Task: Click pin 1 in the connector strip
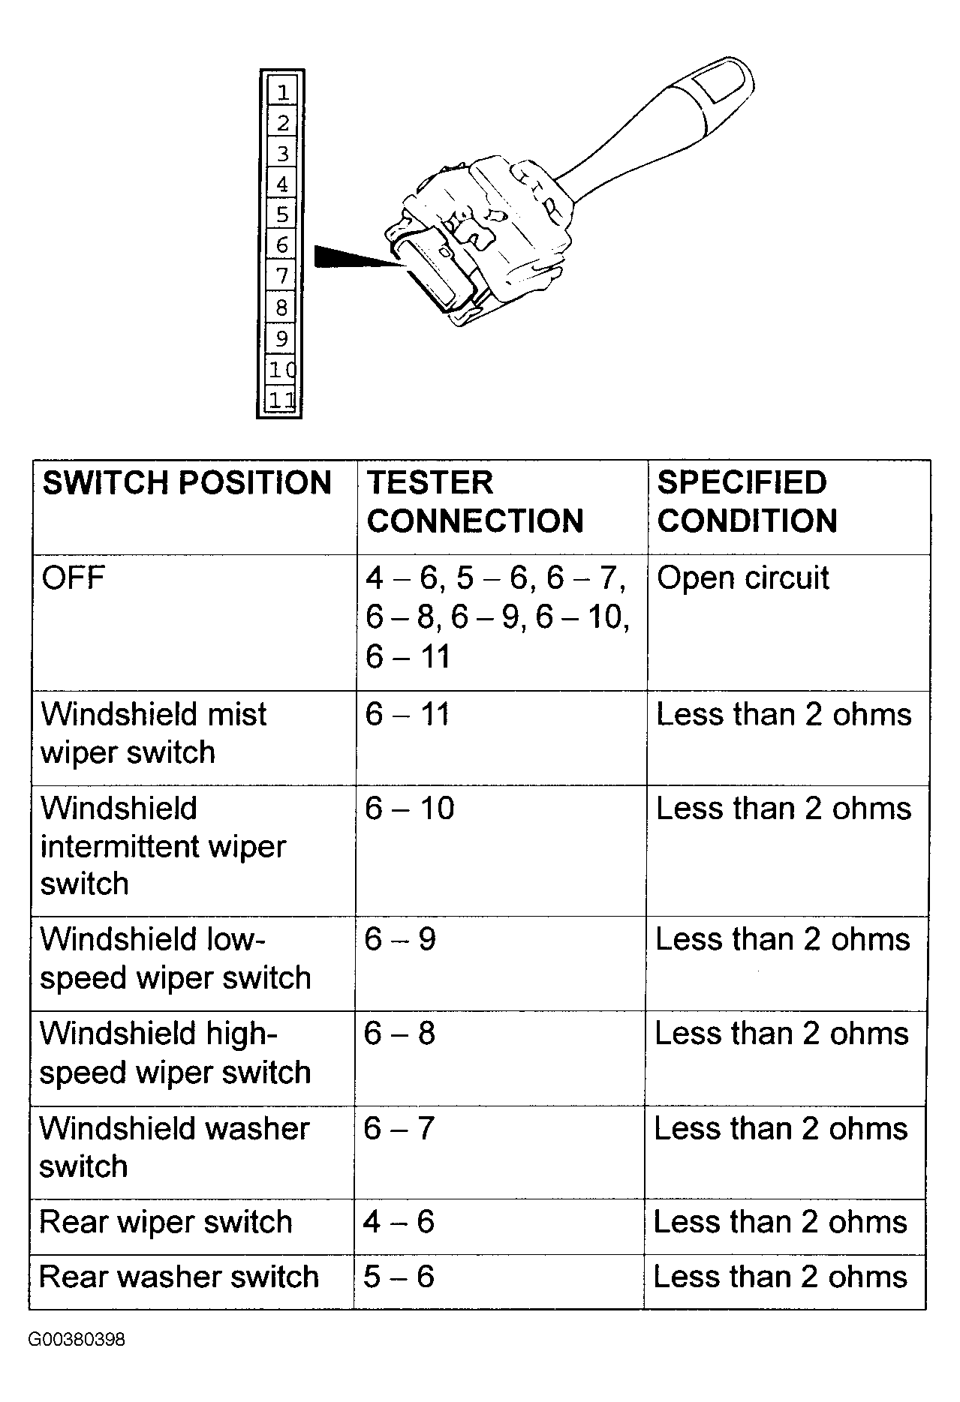[x=282, y=92]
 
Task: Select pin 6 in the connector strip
[x=282, y=245]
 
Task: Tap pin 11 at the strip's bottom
[x=282, y=400]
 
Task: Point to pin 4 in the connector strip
[x=282, y=184]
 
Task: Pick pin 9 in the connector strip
[x=282, y=338]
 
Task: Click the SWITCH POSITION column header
[x=187, y=483]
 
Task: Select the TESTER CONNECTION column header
[x=475, y=502]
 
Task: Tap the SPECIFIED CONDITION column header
[x=747, y=502]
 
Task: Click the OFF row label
[x=73, y=578]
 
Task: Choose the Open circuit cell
[x=743, y=578]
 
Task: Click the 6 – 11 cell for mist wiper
[x=408, y=714]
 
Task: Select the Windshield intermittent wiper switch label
[x=163, y=846]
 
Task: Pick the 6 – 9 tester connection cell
[x=400, y=939]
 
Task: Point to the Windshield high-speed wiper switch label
[x=175, y=1053]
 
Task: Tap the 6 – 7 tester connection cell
[x=399, y=1128]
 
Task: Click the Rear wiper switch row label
[x=165, y=1222]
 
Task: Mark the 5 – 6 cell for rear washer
[x=399, y=1277]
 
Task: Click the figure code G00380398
[x=77, y=1340]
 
